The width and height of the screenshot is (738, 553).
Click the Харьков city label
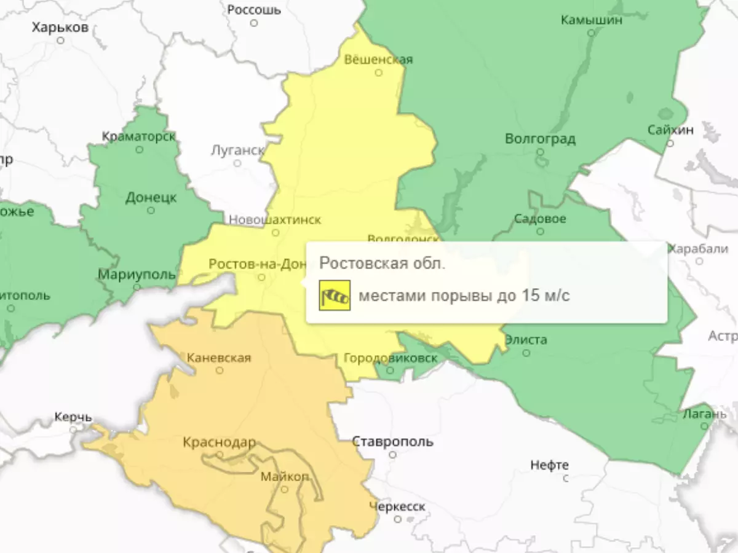[60, 28]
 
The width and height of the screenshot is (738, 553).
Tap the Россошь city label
[254, 10]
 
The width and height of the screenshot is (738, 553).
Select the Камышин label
[592, 20]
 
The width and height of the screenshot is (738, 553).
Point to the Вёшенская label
[378, 60]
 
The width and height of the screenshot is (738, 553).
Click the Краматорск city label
[139, 136]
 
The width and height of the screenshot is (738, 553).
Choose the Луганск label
[237, 150]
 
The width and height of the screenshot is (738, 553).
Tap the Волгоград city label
[540, 139]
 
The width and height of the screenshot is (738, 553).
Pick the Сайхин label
[670, 130]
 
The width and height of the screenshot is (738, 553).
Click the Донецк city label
[151, 198]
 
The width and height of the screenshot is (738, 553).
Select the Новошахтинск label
[275, 219]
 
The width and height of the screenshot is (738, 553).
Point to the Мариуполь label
[137, 275]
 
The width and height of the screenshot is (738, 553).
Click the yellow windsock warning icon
[335, 296]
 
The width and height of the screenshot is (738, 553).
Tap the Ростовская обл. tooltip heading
[382, 264]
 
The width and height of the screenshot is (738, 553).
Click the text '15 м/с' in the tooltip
[547, 296]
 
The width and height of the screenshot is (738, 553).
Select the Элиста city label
[526, 340]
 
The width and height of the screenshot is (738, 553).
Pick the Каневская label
[218, 358]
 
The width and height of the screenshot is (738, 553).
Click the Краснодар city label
[219, 442]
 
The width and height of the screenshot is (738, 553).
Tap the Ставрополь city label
[392, 442]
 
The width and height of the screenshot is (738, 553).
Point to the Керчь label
[73, 417]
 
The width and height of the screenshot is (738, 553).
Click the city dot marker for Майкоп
[284, 489]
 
